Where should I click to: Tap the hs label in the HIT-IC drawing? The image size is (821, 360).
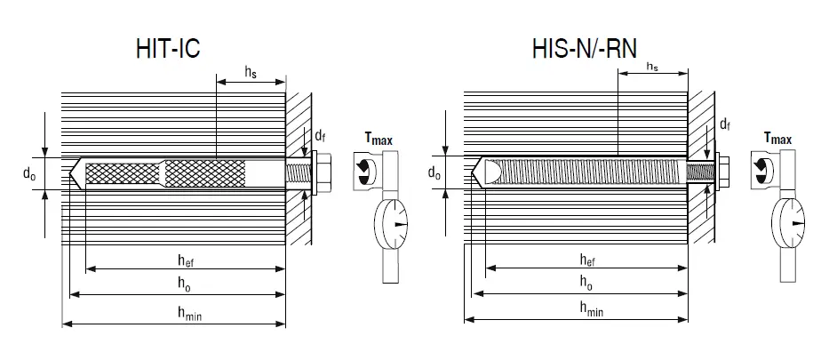point(251,74)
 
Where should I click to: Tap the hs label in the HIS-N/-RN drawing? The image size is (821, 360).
point(651,67)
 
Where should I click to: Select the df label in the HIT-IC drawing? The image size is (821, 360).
point(320,136)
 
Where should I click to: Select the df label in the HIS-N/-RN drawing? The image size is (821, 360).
point(725,124)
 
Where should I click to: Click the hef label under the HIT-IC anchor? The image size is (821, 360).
point(186,260)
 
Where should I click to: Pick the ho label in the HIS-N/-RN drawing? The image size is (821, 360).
point(586,284)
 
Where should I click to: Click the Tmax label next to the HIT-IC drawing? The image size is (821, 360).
point(378,139)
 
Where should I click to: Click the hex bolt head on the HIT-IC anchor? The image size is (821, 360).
point(323,174)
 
